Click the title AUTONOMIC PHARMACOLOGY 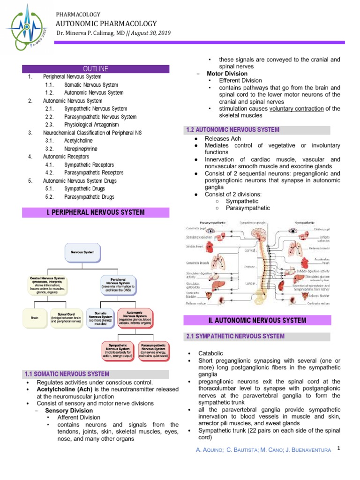[x=106, y=23]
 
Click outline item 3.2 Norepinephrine [x=81, y=149]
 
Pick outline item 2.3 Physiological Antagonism [x=91, y=125]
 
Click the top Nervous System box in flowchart [x=82, y=252]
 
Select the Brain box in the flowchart [x=35, y=318]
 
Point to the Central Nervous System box [x=47, y=284]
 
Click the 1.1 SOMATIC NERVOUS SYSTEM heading [x=67, y=374]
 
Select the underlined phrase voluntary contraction [x=296, y=109]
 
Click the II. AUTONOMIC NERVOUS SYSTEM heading [x=257, y=321]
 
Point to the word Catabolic [x=211, y=353]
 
